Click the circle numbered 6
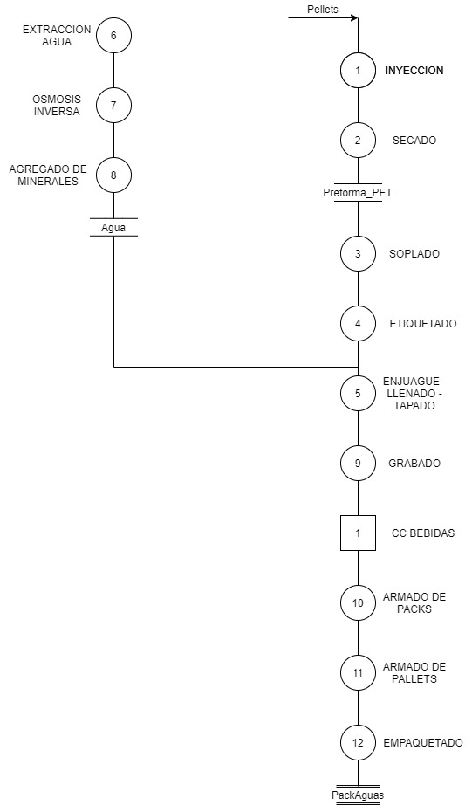point(113,36)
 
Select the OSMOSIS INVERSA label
point(57,106)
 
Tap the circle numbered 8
point(113,175)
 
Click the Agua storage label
point(113,228)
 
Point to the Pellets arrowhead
point(354,18)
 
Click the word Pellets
point(323,10)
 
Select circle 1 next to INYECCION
point(358,71)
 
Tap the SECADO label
point(414,141)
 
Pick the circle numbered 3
point(358,253)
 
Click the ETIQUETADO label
point(423,324)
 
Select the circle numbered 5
point(358,394)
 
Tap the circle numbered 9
point(358,464)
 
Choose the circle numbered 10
point(358,603)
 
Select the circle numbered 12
point(358,743)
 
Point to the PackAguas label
point(358,795)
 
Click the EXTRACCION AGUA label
point(57,36)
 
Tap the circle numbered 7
point(113,106)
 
